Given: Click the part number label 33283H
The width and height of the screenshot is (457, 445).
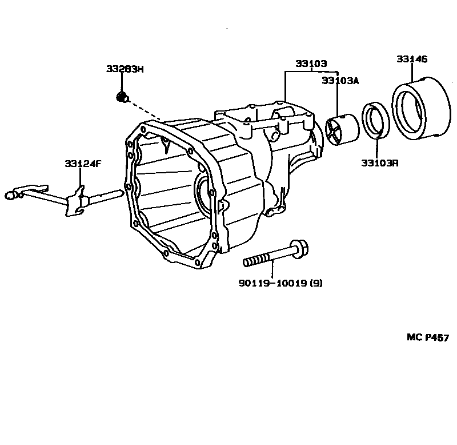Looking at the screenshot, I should pos(125,69).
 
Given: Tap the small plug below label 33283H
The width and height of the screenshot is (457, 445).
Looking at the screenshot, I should pos(121,97).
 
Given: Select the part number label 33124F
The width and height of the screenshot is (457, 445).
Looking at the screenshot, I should pos(82,164).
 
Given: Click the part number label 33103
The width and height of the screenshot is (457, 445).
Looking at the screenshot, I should pos(311,63).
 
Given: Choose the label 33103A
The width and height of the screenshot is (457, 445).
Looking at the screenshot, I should pos(340,81).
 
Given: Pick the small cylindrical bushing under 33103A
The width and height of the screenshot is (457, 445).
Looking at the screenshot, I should pos(342,130).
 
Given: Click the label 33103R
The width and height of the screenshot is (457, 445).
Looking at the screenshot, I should pos(379,163).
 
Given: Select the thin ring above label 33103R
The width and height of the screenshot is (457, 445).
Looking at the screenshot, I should pos(376,120).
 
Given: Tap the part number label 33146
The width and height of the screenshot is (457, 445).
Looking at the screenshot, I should pos(412,59).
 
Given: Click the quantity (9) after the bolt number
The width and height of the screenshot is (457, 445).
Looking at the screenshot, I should pos(316,283).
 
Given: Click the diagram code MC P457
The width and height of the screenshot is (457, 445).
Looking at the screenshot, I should pos(428,337).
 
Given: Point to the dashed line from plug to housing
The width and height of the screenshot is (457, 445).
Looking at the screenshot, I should pos(146,111).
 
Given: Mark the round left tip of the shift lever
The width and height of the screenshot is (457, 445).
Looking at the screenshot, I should pos(9,195).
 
